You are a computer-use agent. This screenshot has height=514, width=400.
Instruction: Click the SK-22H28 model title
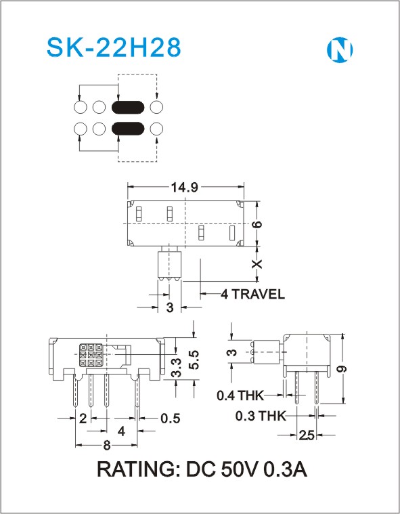[x=114, y=47]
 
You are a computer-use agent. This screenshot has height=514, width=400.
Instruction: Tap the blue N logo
[x=340, y=50]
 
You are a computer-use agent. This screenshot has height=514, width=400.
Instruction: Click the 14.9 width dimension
[x=185, y=187]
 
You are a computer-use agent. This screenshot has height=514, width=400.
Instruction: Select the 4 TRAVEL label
[x=252, y=294]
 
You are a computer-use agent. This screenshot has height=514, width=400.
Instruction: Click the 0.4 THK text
[x=240, y=395]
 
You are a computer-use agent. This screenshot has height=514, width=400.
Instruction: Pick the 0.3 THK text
[x=261, y=416]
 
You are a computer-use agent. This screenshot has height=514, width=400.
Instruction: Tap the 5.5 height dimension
[x=194, y=360]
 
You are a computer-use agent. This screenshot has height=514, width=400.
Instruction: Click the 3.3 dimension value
[x=176, y=368]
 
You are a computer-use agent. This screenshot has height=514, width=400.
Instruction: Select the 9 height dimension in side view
[x=342, y=369]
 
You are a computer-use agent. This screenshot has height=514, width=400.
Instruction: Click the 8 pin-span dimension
[x=107, y=446]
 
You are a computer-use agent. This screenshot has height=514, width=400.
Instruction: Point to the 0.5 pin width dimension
[x=171, y=419]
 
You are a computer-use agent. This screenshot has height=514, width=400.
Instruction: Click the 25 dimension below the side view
[x=307, y=435]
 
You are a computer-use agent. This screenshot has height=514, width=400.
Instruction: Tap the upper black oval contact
[x=128, y=107]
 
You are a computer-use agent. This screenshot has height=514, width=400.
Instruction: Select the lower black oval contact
[x=128, y=129]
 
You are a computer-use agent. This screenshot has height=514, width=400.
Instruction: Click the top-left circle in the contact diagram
[x=81, y=107]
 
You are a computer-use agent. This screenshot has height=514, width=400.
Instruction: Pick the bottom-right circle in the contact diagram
[x=156, y=129]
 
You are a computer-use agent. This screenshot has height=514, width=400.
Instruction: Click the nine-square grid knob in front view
[x=91, y=355]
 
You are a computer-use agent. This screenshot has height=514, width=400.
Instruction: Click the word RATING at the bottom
[x=136, y=469]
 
